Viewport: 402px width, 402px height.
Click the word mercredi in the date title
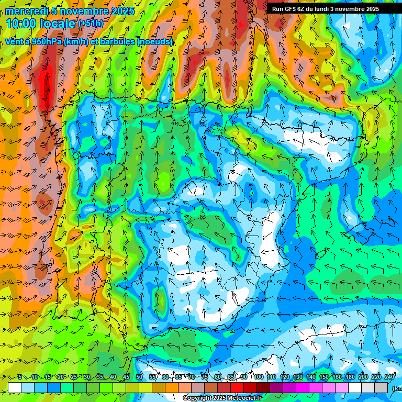click(x=26, y=12)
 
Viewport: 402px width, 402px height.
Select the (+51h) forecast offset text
click(x=91, y=23)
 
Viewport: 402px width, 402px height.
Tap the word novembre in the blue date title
click(x=85, y=12)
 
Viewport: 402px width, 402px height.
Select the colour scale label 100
click(x=258, y=377)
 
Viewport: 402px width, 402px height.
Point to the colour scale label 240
click(x=389, y=377)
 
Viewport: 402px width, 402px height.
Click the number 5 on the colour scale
click(x=20, y=377)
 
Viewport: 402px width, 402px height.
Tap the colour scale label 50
click(x=139, y=377)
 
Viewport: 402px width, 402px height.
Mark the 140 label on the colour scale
click(x=311, y=377)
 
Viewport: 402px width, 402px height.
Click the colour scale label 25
click(x=74, y=377)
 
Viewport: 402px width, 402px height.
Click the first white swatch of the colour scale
click(x=15, y=387)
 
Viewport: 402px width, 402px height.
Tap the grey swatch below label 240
click(x=381, y=387)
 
